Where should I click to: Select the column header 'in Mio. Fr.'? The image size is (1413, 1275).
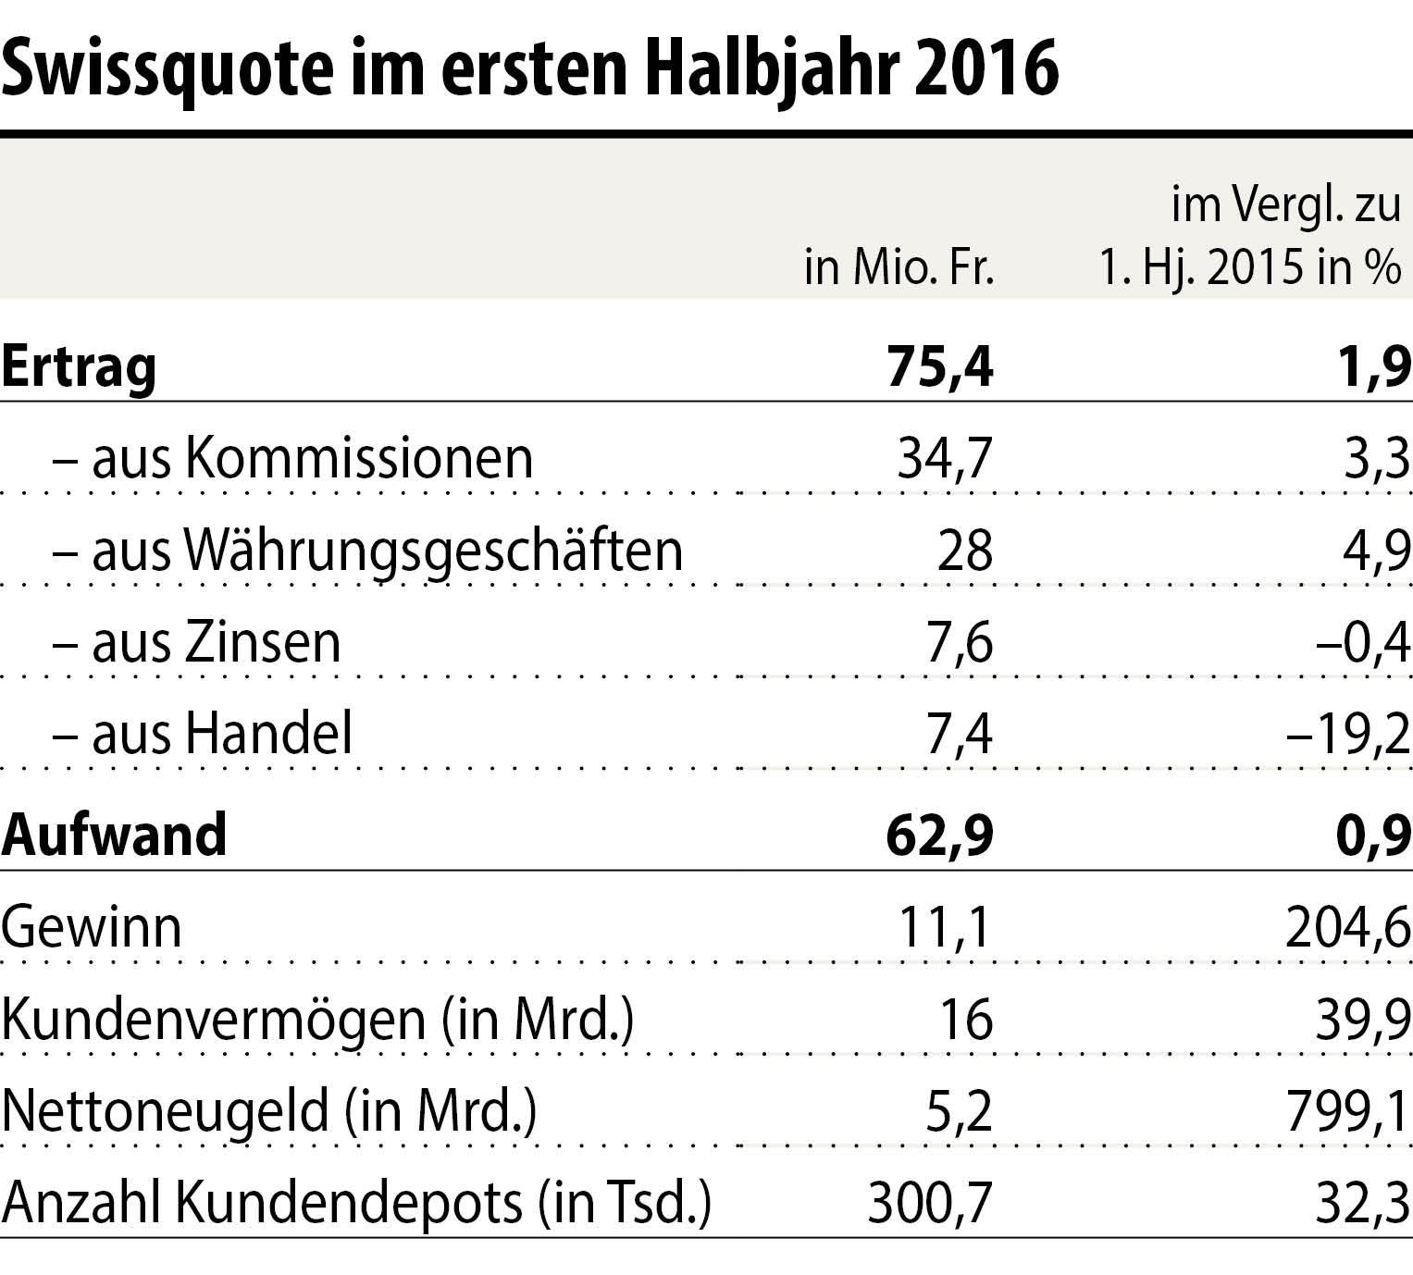pos(899,268)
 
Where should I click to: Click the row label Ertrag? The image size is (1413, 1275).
pos(79,367)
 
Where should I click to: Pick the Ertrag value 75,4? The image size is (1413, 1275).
pos(939,366)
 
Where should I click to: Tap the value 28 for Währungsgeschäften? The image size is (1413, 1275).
pos(964,551)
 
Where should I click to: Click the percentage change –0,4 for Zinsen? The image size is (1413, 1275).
pos(1362,643)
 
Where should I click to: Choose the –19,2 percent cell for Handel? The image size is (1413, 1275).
pos(1348,735)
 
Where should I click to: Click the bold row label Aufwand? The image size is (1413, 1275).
pos(114,835)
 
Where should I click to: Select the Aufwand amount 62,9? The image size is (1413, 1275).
pos(939,835)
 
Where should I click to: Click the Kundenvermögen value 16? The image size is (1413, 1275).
pos(964,1020)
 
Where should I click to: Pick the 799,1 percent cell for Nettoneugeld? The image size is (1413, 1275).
pos(1347,1111)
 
